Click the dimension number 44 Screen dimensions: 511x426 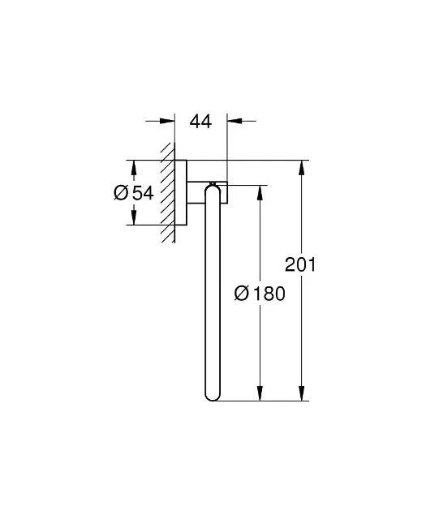(x=200, y=122)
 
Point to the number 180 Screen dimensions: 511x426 (x=268, y=294)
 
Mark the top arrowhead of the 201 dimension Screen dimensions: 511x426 (x=301, y=168)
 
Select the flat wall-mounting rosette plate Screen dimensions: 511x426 (x=183, y=193)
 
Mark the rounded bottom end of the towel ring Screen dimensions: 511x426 (x=213, y=393)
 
